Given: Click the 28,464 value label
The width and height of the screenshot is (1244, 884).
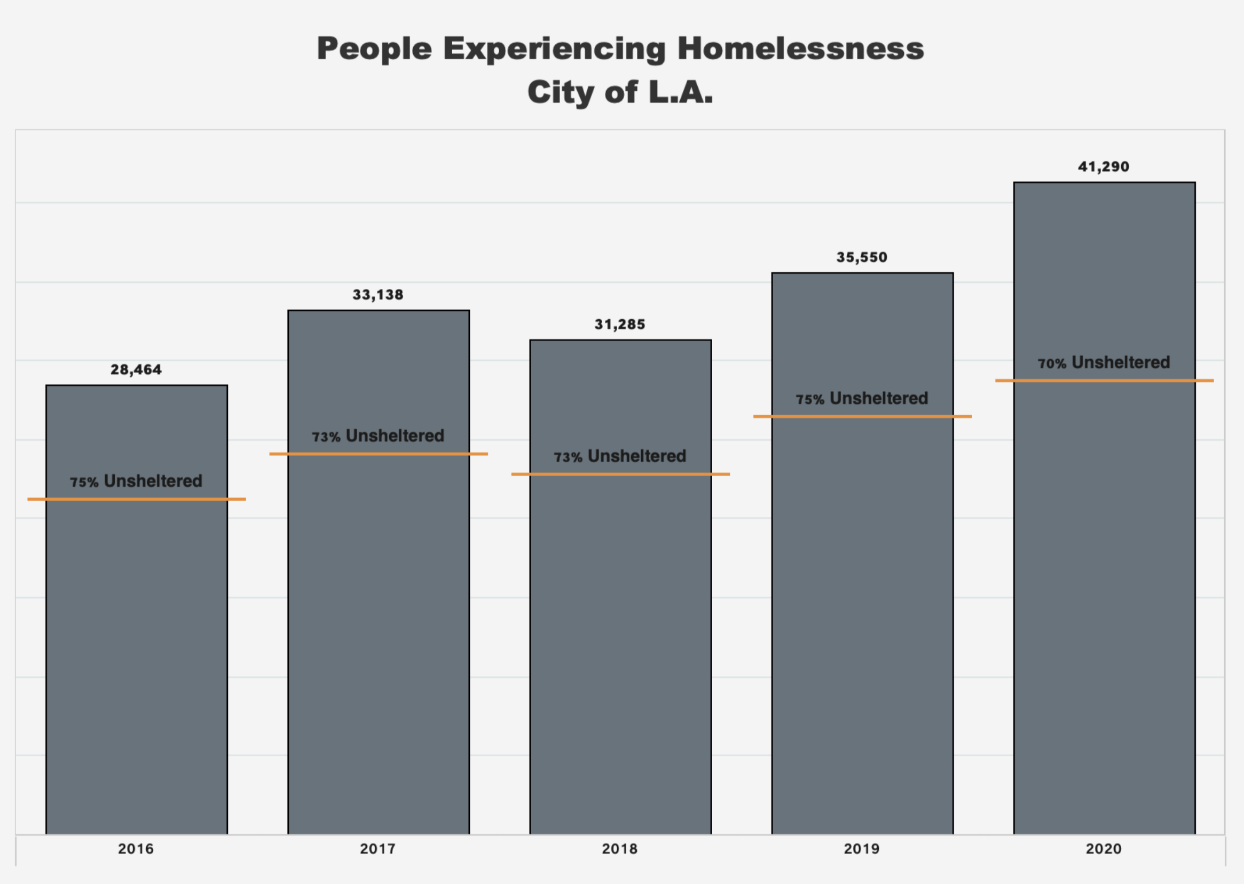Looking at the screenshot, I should point(136,369).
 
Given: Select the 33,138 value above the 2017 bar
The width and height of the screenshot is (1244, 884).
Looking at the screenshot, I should point(378,295).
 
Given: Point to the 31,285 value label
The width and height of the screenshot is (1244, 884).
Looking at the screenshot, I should point(619,325).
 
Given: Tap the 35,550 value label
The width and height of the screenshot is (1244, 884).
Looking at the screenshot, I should point(862,257).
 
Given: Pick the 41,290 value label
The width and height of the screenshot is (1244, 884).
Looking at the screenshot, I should point(1104,167).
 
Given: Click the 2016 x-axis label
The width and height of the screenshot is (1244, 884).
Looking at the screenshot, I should point(136,849).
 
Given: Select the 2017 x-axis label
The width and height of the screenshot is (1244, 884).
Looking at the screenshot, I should point(378,849).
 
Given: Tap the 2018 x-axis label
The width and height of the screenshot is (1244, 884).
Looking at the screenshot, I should point(619,849).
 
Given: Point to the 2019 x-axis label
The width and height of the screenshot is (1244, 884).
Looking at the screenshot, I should point(862,849).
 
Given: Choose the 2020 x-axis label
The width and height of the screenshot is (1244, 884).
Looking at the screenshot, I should point(1104,849).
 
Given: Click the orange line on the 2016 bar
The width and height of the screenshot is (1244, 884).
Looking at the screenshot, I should point(136,499).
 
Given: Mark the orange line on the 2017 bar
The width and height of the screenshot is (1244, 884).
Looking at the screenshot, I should point(379,454).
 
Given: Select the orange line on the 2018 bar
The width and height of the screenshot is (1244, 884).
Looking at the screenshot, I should point(620,475).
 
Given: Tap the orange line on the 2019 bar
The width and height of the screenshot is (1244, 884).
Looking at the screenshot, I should point(862,417).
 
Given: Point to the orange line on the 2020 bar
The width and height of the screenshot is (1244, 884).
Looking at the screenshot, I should point(1104,381).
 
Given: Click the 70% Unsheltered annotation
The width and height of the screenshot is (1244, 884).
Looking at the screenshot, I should point(1104,362).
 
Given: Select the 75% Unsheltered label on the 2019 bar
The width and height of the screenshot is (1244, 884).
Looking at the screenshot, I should point(862,398).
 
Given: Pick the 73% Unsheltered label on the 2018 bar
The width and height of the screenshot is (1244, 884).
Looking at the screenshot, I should point(619,456).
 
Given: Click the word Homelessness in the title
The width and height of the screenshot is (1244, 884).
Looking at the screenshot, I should point(800,49).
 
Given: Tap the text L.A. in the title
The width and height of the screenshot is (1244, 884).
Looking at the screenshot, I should point(681,92).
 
